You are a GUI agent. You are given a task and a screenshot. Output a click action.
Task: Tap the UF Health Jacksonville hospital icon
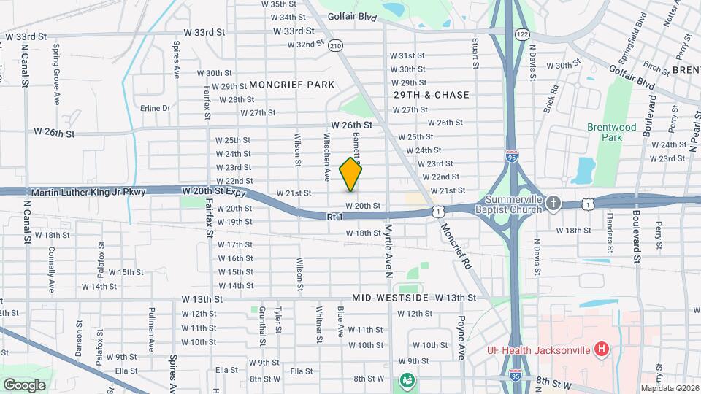pos(601,349)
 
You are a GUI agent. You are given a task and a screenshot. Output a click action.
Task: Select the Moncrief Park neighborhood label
pos(291,85)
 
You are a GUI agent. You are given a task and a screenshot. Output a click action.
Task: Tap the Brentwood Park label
pos(605,131)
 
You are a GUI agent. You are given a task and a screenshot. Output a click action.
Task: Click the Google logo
pos(24,385)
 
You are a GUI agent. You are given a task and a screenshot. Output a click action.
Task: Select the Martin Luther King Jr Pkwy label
pos(89,192)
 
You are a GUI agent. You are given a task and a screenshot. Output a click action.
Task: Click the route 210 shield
pos(335,45)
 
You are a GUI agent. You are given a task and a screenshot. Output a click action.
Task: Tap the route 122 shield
pos(521,34)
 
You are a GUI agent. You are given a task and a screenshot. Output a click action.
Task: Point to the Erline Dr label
pos(155,108)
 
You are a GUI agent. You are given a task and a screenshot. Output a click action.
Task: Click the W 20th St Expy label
pos(214,191)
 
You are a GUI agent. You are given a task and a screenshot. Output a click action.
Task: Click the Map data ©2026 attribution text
pos(669,388)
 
